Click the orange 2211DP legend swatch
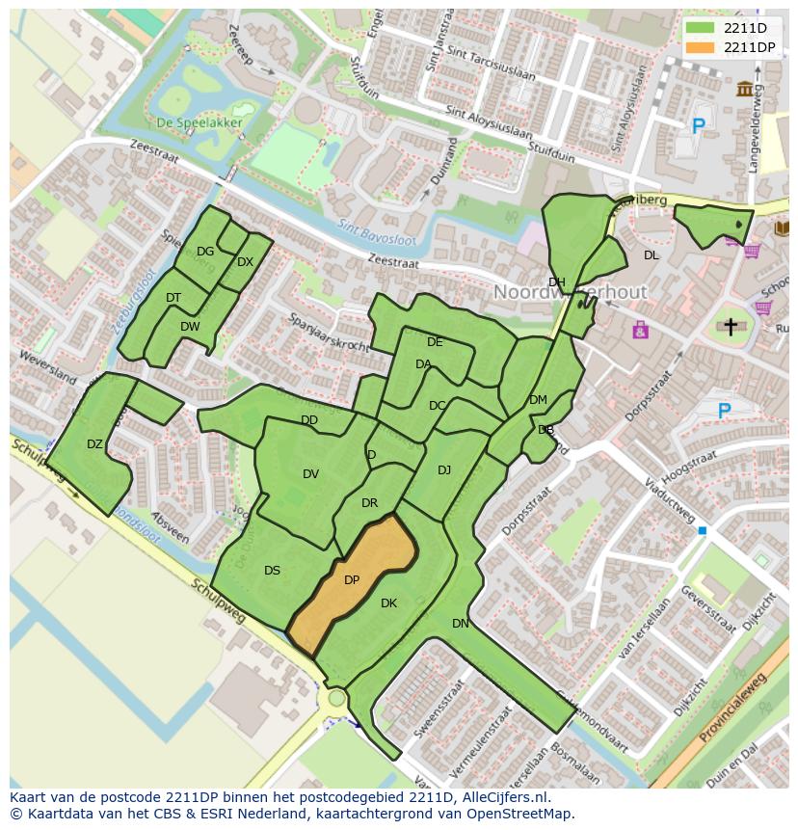(x=701, y=47)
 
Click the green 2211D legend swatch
(x=701, y=28)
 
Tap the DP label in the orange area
(x=352, y=580)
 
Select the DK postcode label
(x=388, y=603)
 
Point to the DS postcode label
(x=272, y=571)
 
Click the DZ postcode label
(x=94, y=444)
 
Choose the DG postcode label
(x=205, y=252)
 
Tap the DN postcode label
(x=461, y=624)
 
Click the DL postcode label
(x=652, y=255)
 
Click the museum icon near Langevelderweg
(x=745, y=90)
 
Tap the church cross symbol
(x=731, y=328)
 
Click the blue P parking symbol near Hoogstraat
(x=724, y=412)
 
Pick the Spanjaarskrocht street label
(x=328, y=332)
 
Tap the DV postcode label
(x=310, y=473)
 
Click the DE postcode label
(x=435, y=342)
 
